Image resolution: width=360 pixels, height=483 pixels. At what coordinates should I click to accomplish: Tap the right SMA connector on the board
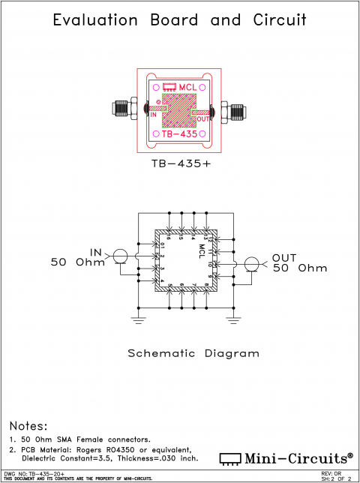pyautogui.click(x=235, y=112)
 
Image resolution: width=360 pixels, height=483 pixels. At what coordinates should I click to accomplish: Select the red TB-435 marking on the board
pyautogui.click(x=180, y=134)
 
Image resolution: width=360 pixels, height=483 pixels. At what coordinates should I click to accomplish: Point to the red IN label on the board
pyautogui.click(x=153, y=115)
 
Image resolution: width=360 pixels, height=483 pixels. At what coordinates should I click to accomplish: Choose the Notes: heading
pyautogui.click(x=28, y=425)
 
